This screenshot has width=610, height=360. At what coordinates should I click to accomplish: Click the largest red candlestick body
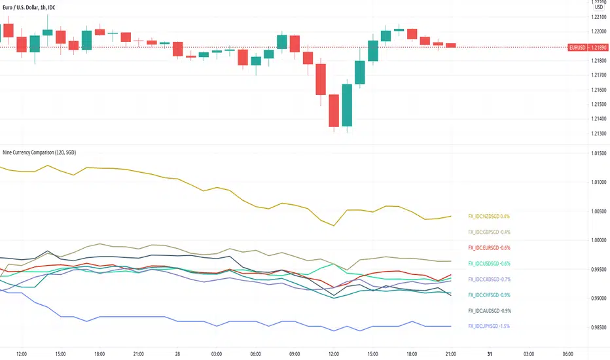334,111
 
